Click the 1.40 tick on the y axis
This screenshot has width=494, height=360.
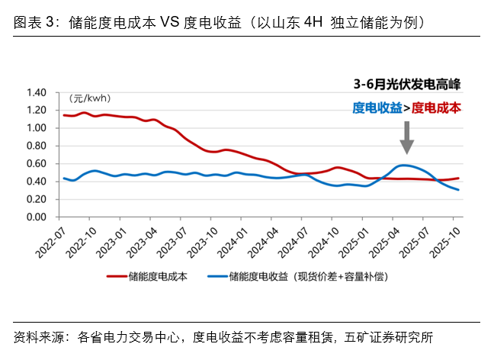[37, 92]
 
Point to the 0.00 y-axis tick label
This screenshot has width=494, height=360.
[37, 217]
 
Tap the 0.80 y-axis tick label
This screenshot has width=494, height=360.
[37, 146]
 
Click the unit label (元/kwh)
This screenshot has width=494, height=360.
[90, 98]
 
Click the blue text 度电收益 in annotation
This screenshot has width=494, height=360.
[377, 108]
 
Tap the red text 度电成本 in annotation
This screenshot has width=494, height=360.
[436, 108]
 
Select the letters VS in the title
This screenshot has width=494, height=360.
[170, 22]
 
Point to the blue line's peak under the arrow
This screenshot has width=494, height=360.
[403, 165]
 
